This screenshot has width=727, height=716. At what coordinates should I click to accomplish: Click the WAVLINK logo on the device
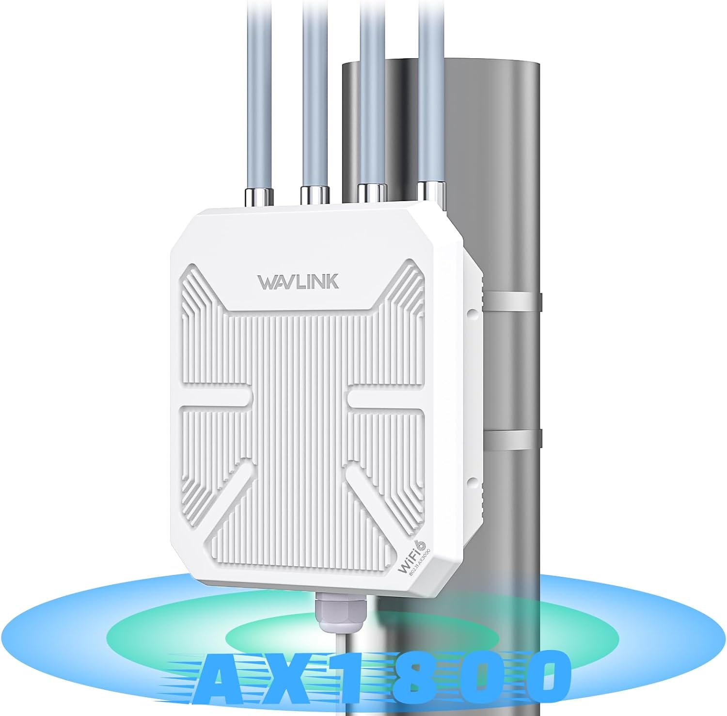(298, 282)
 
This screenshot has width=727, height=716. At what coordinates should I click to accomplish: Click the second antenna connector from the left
(315, 195)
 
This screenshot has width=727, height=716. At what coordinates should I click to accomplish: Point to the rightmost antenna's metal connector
(431, 191)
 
